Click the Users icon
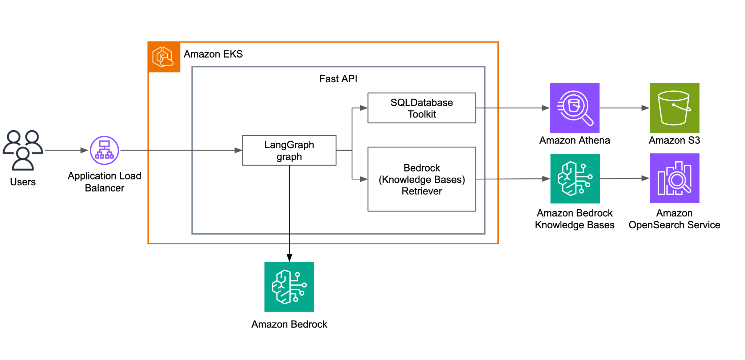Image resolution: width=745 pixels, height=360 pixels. (x=23, y=150)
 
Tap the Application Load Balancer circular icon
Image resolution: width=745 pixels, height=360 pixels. (x=104, y=150)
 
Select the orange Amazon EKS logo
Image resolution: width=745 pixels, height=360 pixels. (x=164, y=57)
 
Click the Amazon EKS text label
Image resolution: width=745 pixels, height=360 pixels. (x=213, y=54)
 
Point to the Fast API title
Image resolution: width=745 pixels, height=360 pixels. (x=338, y=79)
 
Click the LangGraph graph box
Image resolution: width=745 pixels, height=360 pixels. (x=289, y=150)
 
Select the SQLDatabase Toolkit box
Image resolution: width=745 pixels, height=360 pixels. (x=422, y=108)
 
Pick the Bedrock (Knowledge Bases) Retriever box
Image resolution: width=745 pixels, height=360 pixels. (x=422, y=179)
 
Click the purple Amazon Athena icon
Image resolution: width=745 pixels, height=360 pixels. (x=574, y=108)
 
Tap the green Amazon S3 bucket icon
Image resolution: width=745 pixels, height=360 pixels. (x=674, y=108)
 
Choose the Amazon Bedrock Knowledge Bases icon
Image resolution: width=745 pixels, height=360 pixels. (x=575, y=179)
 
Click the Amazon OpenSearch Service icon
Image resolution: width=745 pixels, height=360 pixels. (x=674, y=178)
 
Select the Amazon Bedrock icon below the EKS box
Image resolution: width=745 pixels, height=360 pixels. (x=289, y=287)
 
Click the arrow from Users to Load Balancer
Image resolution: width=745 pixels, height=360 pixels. (x=65, y=150)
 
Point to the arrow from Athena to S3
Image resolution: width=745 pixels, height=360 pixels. (x=624, y=108)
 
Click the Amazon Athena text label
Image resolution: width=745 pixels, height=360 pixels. (x=574, y=141)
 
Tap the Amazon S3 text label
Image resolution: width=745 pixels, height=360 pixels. (x=674, y=141)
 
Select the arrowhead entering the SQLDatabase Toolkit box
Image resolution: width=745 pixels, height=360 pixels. (x=363, y=108)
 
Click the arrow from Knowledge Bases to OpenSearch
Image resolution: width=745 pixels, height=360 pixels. (x=624, y=178)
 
